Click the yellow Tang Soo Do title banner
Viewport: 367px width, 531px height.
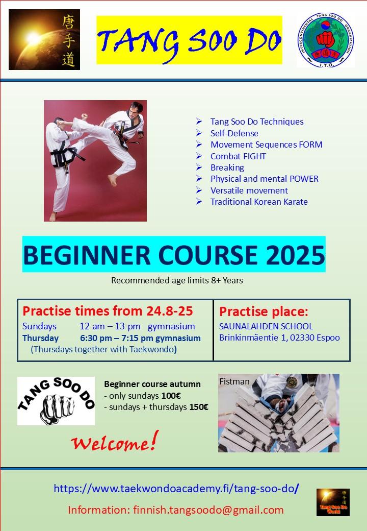tap(189, 40)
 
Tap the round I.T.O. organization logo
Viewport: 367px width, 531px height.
tap(325, 40)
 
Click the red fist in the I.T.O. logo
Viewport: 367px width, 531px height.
tap(325, 39)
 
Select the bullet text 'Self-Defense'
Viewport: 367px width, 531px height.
tap(234, 133)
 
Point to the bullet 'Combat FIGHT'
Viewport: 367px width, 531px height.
tap(238, 156)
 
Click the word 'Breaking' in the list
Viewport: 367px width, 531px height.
tap(227, 167)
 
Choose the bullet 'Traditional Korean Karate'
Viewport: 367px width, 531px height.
tap(259, 202)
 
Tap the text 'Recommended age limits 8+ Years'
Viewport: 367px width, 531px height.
tap(177, 280)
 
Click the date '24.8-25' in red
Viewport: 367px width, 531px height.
tap(169, 311)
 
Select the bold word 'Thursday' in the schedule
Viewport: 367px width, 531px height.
tap(41, 338)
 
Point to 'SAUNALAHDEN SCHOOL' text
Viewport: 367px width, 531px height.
tap(266, 326)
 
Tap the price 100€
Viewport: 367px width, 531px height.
tap(171, 396)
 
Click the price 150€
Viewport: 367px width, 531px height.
tap(199, 407)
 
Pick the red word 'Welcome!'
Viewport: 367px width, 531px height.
tap(114, 442)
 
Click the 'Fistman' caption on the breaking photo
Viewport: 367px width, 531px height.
tap(234, 381)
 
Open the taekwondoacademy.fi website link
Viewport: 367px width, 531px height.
tap(176, 488)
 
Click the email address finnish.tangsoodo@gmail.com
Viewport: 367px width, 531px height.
tap(208, 510)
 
